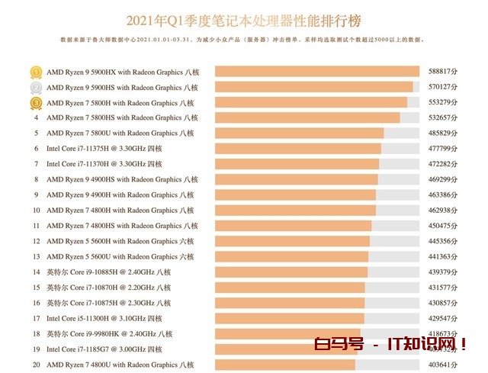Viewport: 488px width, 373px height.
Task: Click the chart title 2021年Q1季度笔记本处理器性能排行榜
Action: click(x=243, y=17)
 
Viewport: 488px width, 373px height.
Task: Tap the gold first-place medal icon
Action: click(x=36, y=72)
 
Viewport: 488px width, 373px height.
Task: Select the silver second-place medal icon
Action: click(x=36, y=88)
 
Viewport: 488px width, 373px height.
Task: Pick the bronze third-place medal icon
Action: click(x=36, y=103)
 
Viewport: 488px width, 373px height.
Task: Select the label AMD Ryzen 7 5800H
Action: click(x=122, y=103)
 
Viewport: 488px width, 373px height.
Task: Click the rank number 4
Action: click(x=36, y=118)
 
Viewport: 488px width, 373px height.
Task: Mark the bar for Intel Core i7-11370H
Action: click(x=297, y=164)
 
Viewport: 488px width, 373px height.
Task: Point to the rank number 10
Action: click(x=36, y=211)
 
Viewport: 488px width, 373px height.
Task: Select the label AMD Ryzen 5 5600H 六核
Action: click(x=120, y=241)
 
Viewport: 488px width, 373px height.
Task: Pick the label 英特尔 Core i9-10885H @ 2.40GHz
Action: click(x=109, y=272)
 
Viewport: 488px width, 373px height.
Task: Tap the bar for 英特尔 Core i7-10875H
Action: click(x=290, y=303)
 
